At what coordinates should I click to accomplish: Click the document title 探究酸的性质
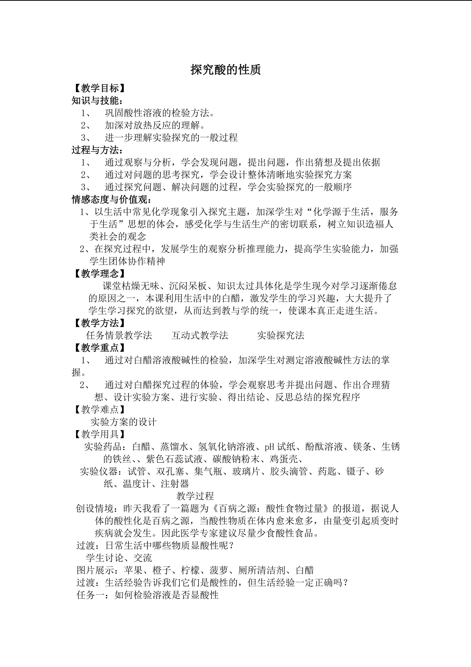click(226, 70)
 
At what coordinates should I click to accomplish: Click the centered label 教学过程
click(195, 496)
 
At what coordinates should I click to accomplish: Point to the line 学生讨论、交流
click(119, 558)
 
